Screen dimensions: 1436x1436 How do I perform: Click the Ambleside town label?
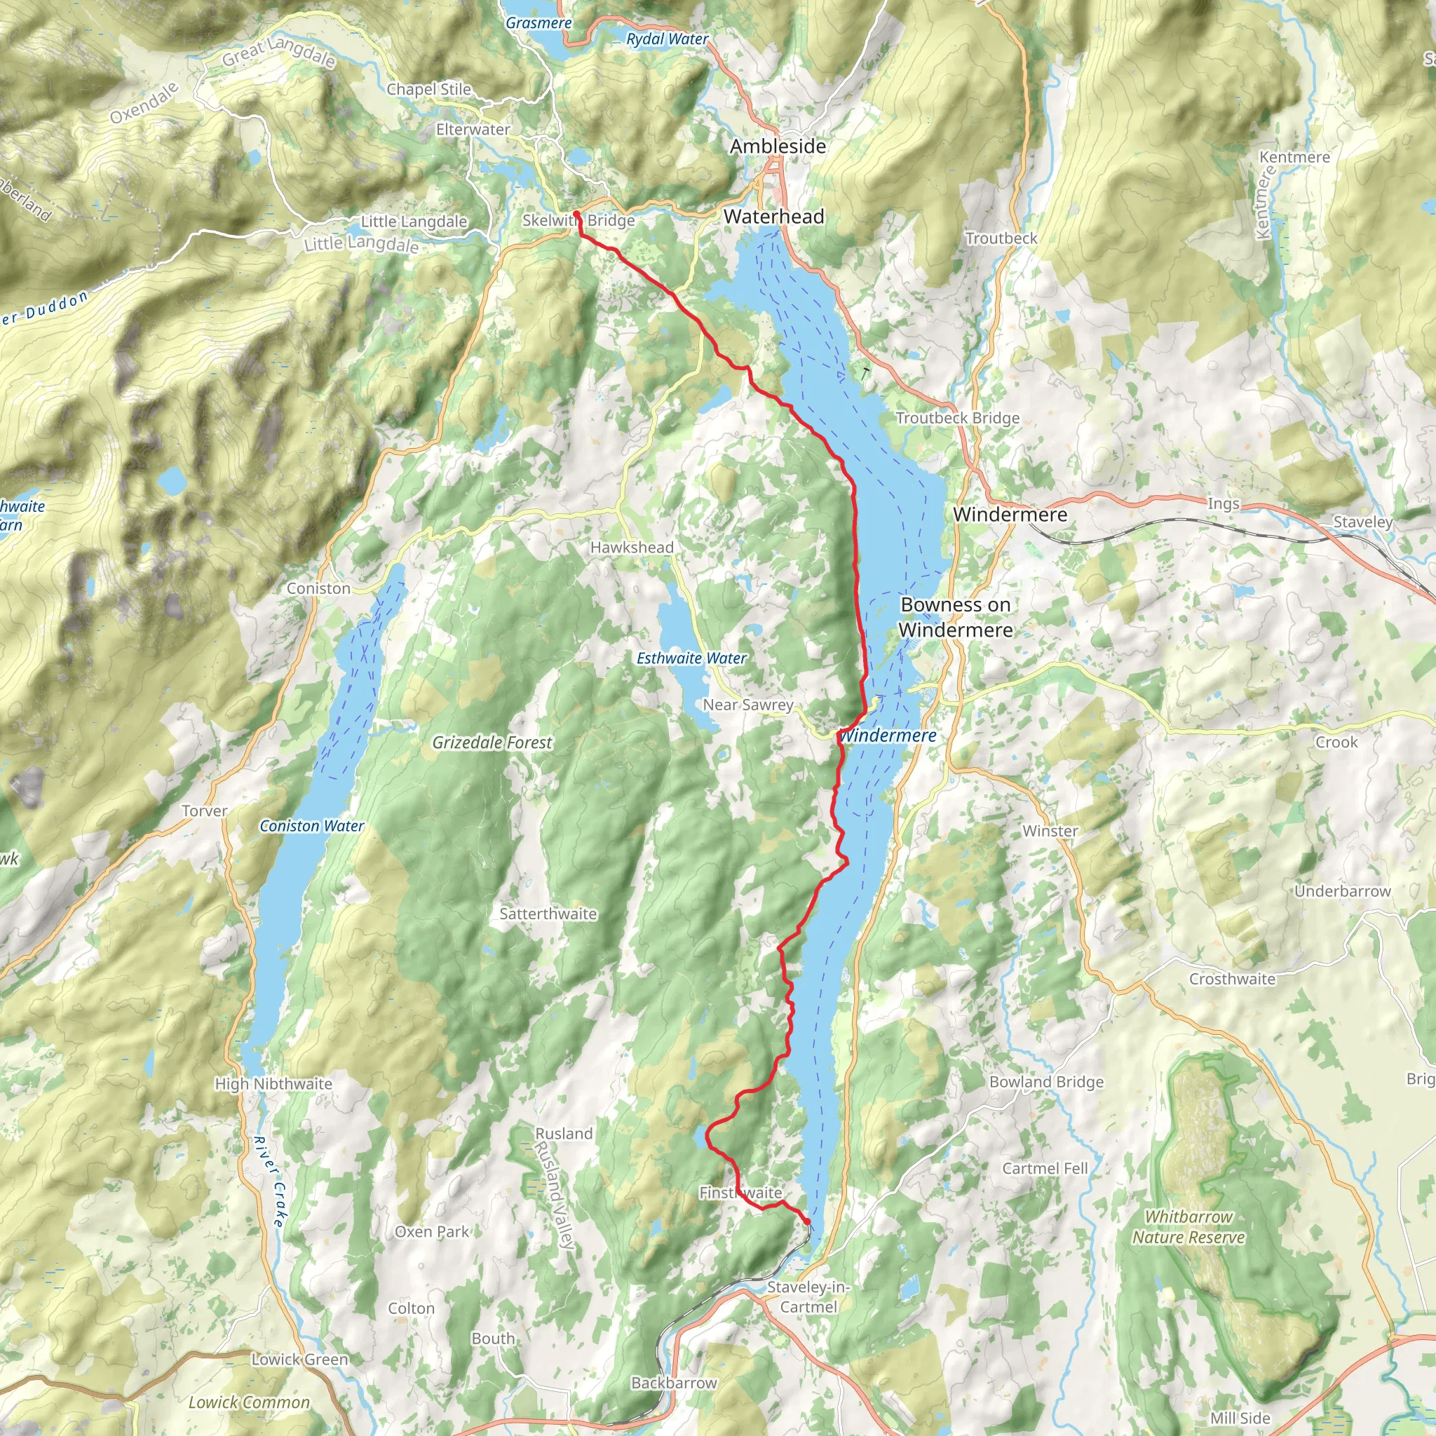[x=778, y=147]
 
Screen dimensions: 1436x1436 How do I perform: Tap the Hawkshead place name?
[x=632, y=547]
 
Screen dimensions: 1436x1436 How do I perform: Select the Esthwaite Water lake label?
[x=691, y=658]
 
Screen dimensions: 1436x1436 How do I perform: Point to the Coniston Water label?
[x=311, y=826]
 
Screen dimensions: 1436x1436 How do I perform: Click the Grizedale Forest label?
[x=492, y=743]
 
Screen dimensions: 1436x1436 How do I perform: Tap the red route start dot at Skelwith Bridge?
[x=577, y=214]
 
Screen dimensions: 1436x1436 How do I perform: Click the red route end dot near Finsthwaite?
[x=807, y=1221]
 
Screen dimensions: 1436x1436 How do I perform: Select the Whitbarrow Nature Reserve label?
[x=1188, y=1227]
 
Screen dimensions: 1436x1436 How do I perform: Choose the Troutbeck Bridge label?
[x=957, y=418]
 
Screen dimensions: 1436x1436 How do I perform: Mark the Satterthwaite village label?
[x=548, y=914]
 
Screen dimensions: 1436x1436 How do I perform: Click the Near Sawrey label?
[x=747, y=705]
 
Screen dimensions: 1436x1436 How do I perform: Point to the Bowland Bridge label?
[x=1045, y=1081]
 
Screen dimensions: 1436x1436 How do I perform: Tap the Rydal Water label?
[x=668, y=39]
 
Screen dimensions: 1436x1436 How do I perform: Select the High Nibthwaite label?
[x=273, y=1084]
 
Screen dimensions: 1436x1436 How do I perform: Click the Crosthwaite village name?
[x=1231, y=979]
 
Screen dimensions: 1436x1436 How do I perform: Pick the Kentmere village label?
[x=1294, y=157]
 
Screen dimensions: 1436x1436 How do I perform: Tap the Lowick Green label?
[x=299, y=1360]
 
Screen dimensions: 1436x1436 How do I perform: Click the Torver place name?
[x=205, y=811]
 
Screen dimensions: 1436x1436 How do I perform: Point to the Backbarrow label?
[x=673, y=1383]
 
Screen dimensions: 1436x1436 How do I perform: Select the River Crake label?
[x=269, y=1181]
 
